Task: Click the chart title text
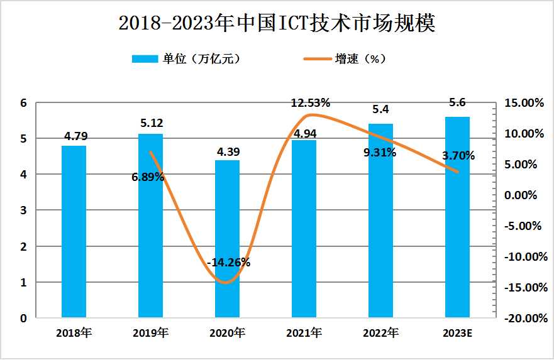click(277, 23)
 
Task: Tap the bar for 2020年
click(227, 239)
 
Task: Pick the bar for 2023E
click(457, 217)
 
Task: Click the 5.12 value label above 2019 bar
click(151, 123)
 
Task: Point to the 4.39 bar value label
click(228, 152)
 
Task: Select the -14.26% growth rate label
click(228, 263)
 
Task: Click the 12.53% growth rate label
click(310, 103)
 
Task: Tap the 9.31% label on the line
click(379, 152)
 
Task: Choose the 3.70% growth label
click(458, 156)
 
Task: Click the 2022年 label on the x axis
click(380, 332)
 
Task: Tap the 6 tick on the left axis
click(23, 102)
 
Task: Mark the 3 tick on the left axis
click(23, 210)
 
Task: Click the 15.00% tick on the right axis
click(522, 102)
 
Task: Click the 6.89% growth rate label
click(148, 177)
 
